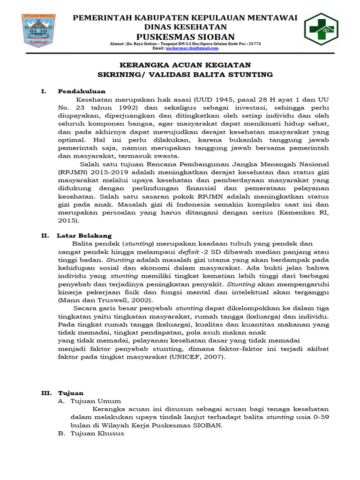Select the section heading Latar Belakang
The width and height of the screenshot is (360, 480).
[x=84, y=235]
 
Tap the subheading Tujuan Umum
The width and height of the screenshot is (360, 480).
[x=96, y=401]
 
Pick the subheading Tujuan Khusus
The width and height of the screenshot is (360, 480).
[x=97, y=434]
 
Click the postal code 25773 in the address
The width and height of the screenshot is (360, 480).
[x=253, y=43]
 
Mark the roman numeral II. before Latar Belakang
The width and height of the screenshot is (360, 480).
[x=45, y=235]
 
